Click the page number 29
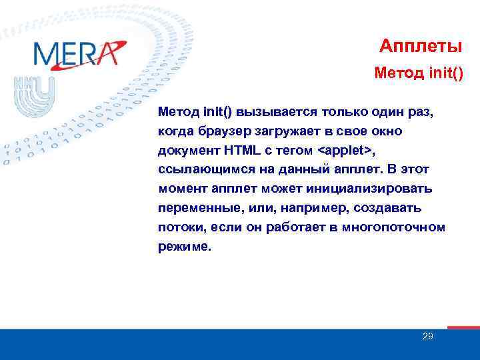point(428,336)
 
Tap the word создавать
point(388,208)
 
